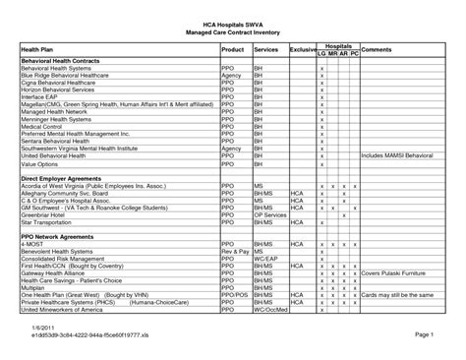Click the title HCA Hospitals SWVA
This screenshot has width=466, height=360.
click(x=232, y=20)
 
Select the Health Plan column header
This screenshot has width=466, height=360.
click(x=39, y=49)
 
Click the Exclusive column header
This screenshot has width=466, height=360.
click(x=303, y=48)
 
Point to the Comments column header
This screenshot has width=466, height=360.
click(x=377, y=48)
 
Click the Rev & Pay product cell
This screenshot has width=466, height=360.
click(x=234, y=251)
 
